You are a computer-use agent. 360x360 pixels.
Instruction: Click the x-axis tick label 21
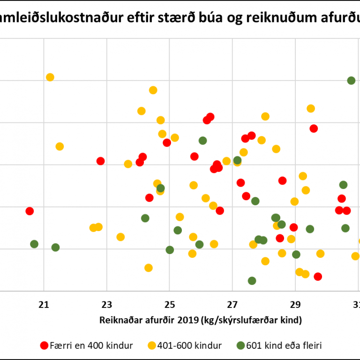44,305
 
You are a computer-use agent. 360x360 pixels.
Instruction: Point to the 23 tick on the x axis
107,305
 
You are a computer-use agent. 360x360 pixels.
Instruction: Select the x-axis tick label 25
170,305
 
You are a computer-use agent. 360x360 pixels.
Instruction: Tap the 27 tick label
232,305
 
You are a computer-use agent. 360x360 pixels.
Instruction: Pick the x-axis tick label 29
295,305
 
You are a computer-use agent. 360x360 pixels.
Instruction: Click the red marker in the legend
45,346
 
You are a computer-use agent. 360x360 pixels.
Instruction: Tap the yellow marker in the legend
150,346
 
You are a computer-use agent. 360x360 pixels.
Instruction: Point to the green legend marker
240,346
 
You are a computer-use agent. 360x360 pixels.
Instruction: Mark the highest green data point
351,81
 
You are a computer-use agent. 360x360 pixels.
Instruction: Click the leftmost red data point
30,211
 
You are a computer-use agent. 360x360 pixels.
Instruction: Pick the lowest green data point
252,281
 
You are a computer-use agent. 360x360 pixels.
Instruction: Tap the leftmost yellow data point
50,77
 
